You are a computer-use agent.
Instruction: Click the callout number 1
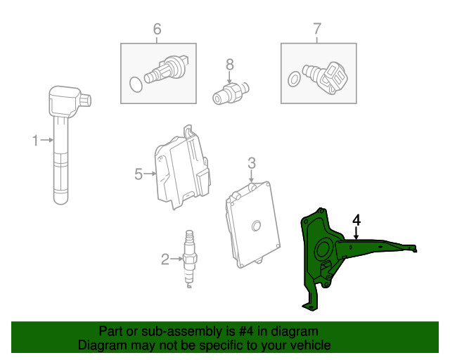tap(35, 141)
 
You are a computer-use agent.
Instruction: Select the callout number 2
tap(165, 259)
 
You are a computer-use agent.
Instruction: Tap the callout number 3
tap(252, 163)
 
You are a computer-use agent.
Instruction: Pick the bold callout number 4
tap(356, 220)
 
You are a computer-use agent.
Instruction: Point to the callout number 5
tap(139, 174)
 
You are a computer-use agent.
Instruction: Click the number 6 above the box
tap(157, 29)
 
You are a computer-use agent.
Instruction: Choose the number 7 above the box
tap(317, 29)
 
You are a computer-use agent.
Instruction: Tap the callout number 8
tap(230, 65)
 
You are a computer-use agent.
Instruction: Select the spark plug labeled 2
tap(189, 259)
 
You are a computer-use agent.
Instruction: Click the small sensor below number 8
tap(231, 92)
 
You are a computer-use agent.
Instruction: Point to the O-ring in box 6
tap(136, 84)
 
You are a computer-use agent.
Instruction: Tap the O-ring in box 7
tap(295, 79)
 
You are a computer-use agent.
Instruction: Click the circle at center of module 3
tap(256, 226)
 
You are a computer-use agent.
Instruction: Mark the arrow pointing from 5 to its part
tap(150, 174)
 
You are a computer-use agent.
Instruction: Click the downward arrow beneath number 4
tap(356, 233)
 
